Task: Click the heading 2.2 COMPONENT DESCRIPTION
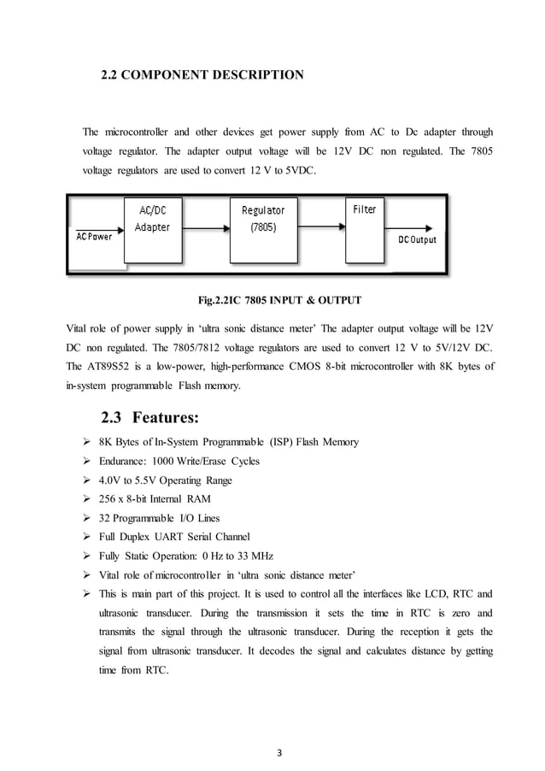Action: [202, 75]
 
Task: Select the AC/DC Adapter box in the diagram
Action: [152, 228]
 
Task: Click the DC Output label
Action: [417, 239]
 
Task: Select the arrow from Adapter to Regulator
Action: [205, 229]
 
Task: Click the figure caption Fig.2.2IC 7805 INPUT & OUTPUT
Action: [279, 300]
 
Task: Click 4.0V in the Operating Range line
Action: [110, 480]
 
